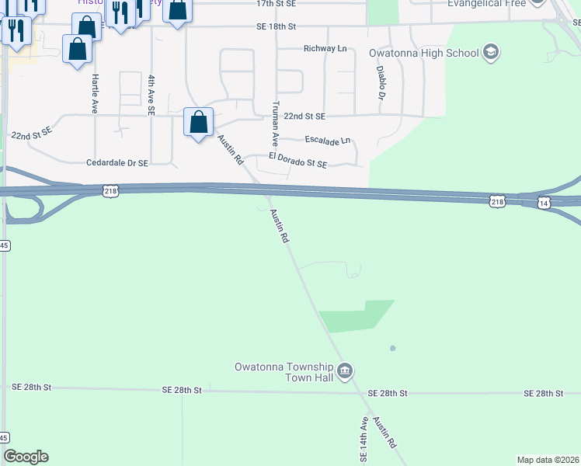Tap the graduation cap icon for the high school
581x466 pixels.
(x=490, y=53)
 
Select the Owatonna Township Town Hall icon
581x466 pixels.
(x=346, y=370)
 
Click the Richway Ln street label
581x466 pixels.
(x=325, y=49)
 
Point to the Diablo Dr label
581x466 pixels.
(x=381, y=82)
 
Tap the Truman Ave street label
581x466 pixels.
(x=274, y=123)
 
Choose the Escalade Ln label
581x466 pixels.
(x=328, y=141)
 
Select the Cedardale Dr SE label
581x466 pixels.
(x=117, y=163)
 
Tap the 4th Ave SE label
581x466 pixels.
(x=150, y=95)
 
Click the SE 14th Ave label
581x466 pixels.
(x=363, y=438)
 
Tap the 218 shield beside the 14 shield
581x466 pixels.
(x=496, y=202)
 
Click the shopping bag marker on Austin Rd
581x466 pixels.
(x=198, y=123)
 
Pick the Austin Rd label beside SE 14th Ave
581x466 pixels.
(x=385, y=433)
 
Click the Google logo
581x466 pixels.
(x=26, y=457)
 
